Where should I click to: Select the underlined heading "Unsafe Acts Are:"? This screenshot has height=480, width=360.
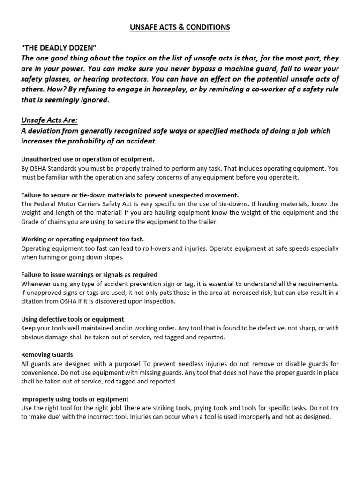pyautogui.click(x=49, y=120)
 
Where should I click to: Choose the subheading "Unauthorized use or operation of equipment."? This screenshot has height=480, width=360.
pyautogui.click(x=88, y=159)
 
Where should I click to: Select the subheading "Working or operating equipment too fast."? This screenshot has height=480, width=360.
pyautogui.click(x=82, y=240)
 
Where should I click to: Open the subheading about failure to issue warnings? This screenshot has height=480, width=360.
pyautogui.click(x=89, y=275)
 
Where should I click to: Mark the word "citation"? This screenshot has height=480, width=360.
pyautogui.click(x=35, y=301)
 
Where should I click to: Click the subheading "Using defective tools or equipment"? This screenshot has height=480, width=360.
pyautogui.click(x=73, y=319)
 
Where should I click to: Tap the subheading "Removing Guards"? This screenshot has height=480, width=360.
pyautogui.click(x=47, y=355)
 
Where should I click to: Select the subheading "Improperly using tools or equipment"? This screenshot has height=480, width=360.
pyautogui.click(x=75, y=399)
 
